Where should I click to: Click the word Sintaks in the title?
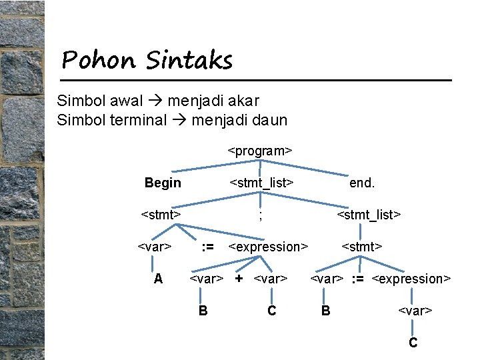(189, 61)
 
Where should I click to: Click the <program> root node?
(260, 150)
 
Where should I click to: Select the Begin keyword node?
(163, 183)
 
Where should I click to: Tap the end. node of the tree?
(362, 183)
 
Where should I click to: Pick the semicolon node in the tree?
(260, 215)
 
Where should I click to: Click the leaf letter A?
(158, 279)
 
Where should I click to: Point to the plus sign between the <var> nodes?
(238, 278)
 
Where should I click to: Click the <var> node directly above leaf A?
(155, 247)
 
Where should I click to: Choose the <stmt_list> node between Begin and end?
(262, 183)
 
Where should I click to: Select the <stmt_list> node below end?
(369, 215)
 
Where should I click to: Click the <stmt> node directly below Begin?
(161, 215)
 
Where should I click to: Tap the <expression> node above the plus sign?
(268, 247)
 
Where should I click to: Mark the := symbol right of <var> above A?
(207, 247)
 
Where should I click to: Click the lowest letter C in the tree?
(413, 343)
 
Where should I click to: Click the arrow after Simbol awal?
(155, 101)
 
